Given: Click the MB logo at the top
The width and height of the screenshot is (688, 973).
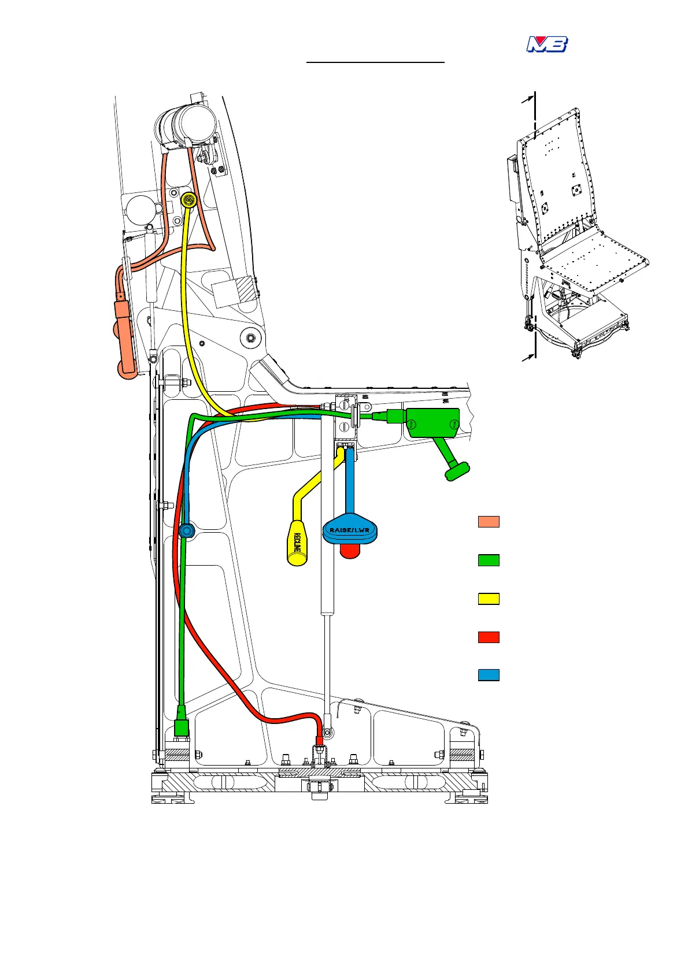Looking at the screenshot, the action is [547, 44].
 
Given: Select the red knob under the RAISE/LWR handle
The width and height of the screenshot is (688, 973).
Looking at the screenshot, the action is [349, 551].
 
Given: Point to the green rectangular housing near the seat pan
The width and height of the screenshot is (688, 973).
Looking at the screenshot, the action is [432, 422].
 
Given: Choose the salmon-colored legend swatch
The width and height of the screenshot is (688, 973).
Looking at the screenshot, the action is [489, 522].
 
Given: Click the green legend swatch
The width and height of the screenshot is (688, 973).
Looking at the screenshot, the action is [489, 560].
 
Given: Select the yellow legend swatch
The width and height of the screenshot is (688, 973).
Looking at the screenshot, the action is [489, 599].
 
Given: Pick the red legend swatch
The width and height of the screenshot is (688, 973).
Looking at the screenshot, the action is [489, 637].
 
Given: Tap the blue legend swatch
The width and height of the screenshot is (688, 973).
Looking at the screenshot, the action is [489, 675].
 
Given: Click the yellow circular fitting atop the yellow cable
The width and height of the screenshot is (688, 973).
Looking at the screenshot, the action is [188, 200].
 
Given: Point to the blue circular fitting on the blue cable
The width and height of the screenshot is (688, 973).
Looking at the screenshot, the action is [186, 530].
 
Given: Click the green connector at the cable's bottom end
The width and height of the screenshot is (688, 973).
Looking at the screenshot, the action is [182, 726].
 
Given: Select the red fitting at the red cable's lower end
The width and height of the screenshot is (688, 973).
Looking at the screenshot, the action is [319, 741].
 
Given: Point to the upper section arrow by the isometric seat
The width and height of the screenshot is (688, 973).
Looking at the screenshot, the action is [527, 101].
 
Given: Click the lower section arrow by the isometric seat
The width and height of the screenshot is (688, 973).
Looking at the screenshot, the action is [527, 358].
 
